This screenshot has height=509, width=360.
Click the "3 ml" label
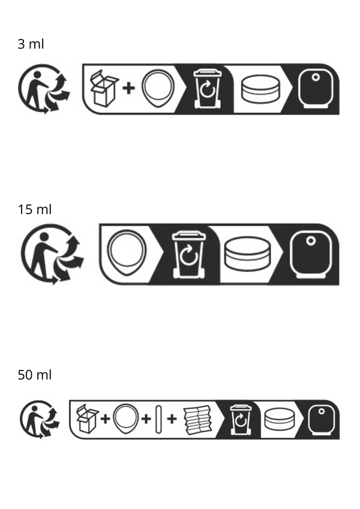(31, 44)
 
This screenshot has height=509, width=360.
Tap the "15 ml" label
(34, 210)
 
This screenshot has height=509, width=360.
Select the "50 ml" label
(34, 375)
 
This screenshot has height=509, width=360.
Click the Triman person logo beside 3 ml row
(44, 89)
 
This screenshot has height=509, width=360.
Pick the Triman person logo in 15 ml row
(52, 254)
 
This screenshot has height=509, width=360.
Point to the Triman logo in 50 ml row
(40, 420)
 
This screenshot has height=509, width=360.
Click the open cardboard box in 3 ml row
(104, 88)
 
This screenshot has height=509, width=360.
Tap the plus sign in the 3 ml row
(128, 88)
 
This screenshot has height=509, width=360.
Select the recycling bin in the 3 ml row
(207, 88)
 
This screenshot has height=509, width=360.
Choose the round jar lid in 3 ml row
(260, 89)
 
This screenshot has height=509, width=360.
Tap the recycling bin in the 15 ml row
(189, 254)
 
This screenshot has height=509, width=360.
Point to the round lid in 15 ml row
(247, 254)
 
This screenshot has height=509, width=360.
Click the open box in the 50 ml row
(88, 418)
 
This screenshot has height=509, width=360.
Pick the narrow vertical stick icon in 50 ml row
(158, 419)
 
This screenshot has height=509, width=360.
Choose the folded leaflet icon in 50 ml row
(198, 420)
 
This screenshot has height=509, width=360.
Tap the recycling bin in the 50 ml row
(241, 420)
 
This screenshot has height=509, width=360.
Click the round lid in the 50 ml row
(280, 420)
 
